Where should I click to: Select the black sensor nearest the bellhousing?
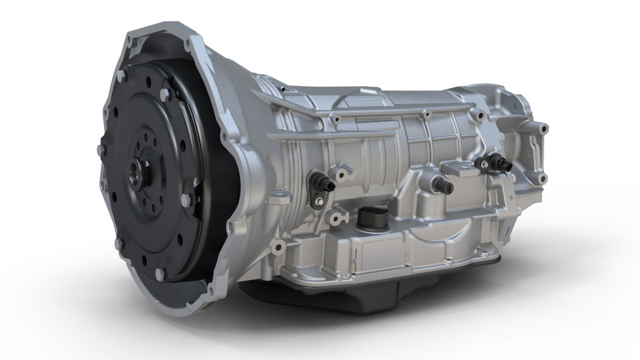click(322, 181)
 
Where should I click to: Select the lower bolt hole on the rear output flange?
click(541, 179)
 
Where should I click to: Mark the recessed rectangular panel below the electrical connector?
click(366, 253)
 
